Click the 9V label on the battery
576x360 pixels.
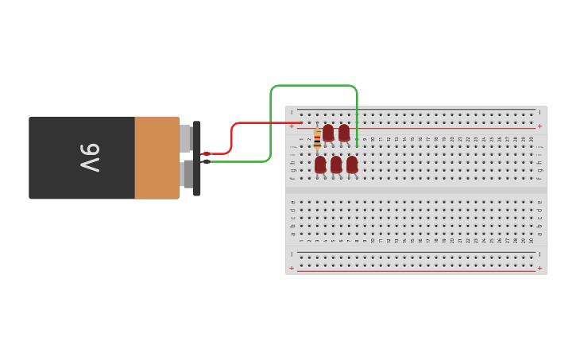tap(89, 157)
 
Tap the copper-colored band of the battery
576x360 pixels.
tap(157, 157)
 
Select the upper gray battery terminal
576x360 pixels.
tap(185, 138)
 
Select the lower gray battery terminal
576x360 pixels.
tap(185, 174)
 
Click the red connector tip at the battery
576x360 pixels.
tap(207, 153)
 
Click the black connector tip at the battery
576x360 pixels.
tap(207, 161)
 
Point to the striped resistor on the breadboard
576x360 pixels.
tap(317, 138)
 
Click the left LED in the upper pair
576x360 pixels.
tap(328, 132)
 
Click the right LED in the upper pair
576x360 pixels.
tap(344, 132)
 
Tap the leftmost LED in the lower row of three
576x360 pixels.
tap(320, 164)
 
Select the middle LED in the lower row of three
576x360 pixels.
tap(336, 164)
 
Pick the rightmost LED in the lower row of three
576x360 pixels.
tap(352, 164)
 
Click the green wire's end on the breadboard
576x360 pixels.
tap(357, 145)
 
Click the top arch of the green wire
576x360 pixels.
tap(314, 86)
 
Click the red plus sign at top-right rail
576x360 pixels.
tap(539, 126)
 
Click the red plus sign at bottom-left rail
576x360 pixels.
tap(292, 268)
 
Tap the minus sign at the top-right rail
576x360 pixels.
tap(539, 112)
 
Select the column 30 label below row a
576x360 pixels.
tap(532, 239)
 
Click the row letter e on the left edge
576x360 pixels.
tap(292, 202)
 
